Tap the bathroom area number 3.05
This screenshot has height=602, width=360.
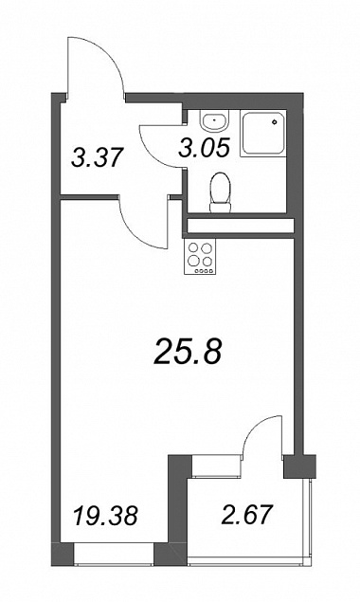coord(204,148)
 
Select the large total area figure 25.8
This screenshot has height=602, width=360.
coord(188,353)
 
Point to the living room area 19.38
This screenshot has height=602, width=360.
coord(105,515)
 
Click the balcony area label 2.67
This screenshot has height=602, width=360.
coord(247,515)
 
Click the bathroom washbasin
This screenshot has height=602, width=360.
coord(214,120)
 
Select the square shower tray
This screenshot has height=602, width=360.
coord(263,134)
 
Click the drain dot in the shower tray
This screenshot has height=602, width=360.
coord(275,122)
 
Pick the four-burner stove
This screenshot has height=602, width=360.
coord(200,256)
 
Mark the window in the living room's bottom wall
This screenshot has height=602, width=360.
coord(114,554)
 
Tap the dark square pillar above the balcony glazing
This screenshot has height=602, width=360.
coord(299,466)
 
